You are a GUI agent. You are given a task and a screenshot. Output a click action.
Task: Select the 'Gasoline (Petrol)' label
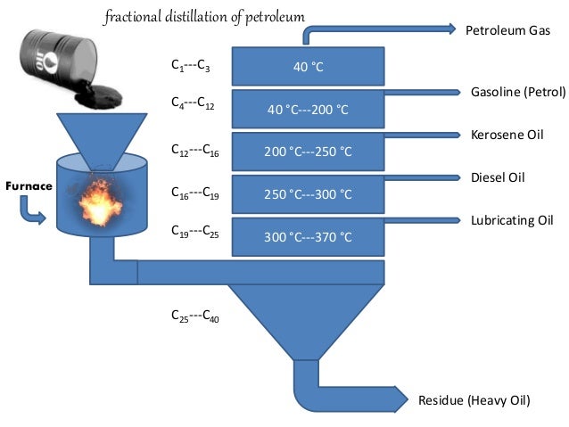pos(517,92)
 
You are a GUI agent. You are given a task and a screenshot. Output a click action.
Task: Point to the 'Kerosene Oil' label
pos(507,135)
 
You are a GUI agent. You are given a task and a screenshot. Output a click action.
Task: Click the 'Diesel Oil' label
pos(498,177)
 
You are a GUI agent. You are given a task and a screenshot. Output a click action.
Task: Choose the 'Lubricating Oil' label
pos(512,220)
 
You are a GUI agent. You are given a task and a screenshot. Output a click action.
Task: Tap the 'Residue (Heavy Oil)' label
pos(474,401)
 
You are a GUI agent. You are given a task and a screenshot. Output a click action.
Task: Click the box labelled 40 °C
pos(308,65)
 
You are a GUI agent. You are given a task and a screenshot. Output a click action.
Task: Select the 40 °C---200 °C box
pos(308,109)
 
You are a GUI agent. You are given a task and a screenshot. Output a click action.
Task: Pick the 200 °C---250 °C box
pos(308,152)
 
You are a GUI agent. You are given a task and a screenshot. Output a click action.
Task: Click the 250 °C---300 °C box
pos(308,194)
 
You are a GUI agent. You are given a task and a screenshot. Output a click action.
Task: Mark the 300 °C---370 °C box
pos(308,237)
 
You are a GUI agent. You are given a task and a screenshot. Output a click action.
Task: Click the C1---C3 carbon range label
pos(191,67)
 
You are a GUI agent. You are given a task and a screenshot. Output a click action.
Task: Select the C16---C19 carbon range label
pos(194,191)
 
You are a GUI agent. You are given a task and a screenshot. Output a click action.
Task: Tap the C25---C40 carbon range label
pos(194,316)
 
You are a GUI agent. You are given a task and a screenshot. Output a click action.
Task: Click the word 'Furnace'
pos(29,186)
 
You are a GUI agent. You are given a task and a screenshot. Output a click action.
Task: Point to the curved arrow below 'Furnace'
pos(32,212)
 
